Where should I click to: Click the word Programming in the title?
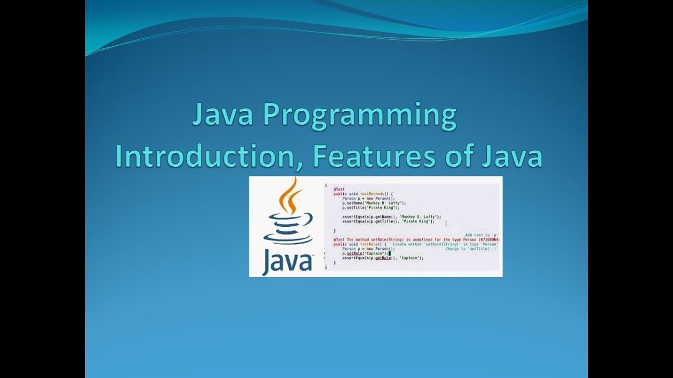359,116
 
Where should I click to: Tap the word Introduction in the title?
209,156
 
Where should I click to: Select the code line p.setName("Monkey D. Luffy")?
374,203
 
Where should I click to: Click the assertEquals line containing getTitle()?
388,221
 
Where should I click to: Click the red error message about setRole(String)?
415,239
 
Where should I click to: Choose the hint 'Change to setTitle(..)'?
472,249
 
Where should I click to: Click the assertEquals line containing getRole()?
382,258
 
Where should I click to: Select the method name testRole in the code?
372,244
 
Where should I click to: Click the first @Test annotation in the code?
339,189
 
